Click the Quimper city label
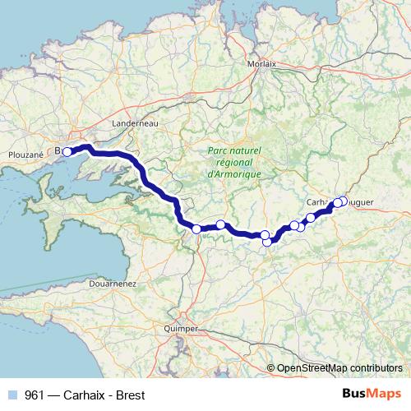pos(181,328)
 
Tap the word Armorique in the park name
pos(234,175)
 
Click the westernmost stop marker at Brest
pos(67,151)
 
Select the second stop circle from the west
pos(196,229)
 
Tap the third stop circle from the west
pos(220,224)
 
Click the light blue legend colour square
pos(12,394)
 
